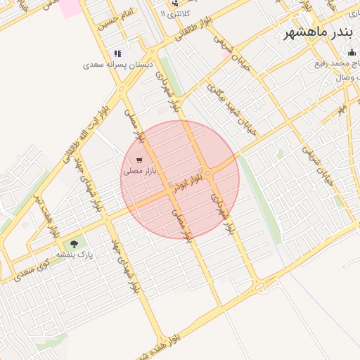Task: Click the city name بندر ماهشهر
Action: click(319, 33)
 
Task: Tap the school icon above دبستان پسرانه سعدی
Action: click(117, 53)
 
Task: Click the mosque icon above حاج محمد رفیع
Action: click(352, 52)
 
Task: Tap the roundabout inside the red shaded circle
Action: click(209, 174)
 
